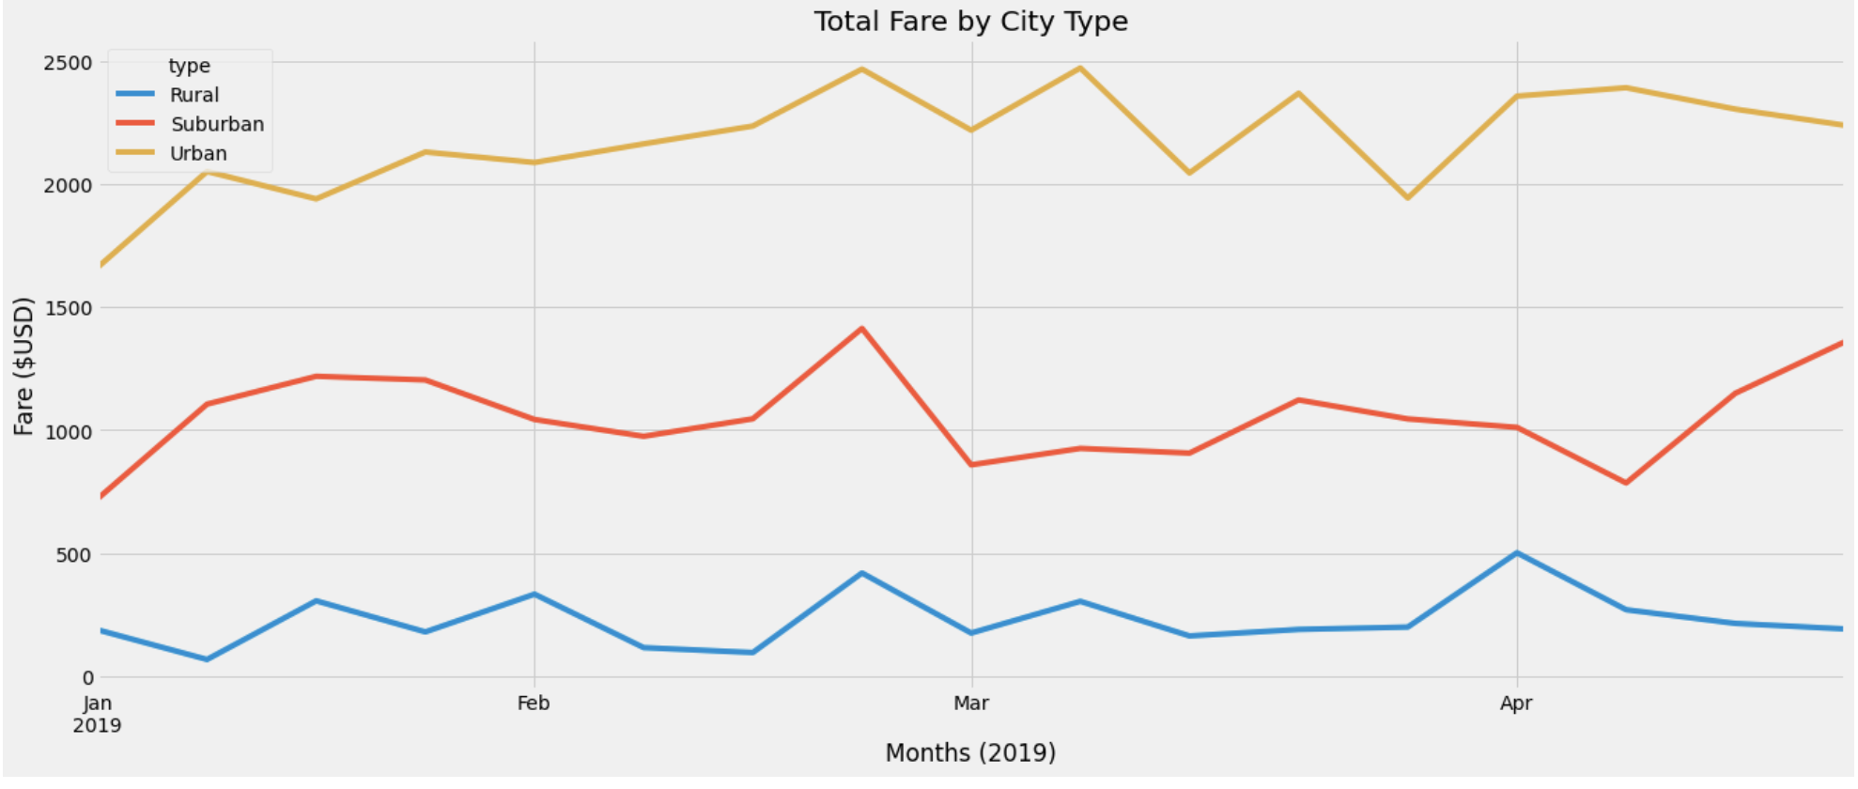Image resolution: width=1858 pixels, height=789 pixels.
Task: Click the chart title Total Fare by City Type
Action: tap(970, 22)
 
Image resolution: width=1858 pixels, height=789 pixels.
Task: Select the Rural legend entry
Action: tap(194, 95)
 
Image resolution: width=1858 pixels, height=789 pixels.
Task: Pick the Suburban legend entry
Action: tap(217, 124)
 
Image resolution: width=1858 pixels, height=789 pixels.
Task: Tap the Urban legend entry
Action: tap(198, 153)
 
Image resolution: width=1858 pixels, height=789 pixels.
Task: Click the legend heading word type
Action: tap(189, 66)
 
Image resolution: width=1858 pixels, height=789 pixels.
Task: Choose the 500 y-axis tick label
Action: tap(74, 554)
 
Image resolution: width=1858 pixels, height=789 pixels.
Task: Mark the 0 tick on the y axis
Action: tap(87, 677)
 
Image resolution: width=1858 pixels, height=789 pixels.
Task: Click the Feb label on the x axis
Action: tap(534, 704)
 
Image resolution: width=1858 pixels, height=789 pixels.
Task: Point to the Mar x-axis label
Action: tap(970, 704)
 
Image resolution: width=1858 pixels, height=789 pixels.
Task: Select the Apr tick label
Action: tap(1516, 704)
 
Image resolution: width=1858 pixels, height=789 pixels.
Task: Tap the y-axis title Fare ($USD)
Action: tap(23, 366)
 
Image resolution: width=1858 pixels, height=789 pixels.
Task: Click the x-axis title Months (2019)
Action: tap(970, 752)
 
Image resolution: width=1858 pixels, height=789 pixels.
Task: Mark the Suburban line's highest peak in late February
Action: tap(861, 328)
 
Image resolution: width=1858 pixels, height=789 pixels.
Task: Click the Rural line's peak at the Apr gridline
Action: tap(1516, 552)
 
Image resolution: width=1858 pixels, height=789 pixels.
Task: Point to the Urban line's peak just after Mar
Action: tap(1080, 68)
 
